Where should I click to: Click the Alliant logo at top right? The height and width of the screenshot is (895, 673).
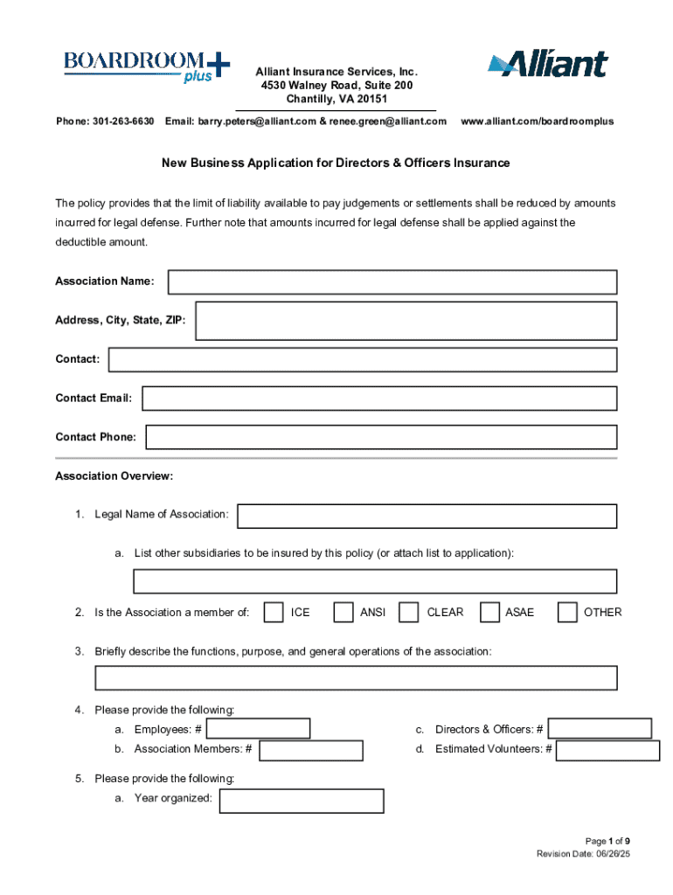(x=547, y=65)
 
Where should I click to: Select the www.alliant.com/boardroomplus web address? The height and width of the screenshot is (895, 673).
(x=537, y=121)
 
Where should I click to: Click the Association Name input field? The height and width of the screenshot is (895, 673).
(x=392, y=281)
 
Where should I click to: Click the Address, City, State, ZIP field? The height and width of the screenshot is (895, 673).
(x=406, y=321)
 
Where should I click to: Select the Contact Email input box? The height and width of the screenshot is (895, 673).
(x=379, y=399)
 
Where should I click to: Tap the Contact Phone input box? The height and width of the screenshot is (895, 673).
(x=381, y=437)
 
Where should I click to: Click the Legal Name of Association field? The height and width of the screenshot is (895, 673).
(x=427, y=516)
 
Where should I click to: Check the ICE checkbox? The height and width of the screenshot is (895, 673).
(x=274, y=612)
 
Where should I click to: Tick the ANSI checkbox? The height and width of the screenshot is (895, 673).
(x=343, y=612)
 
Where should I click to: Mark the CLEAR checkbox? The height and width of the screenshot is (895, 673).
(x=408, y=612)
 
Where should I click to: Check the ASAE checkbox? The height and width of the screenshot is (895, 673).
(x=489, y=612)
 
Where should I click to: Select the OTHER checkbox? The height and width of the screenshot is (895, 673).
(x=567, y=612)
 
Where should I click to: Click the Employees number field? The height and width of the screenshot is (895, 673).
(x=258, y=729)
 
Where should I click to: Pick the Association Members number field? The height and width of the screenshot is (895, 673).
(x=311, y=750)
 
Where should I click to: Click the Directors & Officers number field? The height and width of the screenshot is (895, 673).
(x=600, y=729)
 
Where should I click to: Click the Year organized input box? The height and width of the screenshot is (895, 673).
(x=302, y=801)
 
